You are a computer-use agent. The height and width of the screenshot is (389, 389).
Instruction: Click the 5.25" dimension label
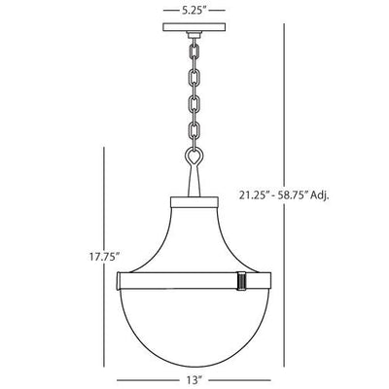click(194, 11)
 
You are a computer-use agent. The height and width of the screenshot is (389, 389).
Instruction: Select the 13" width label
click(194, 379)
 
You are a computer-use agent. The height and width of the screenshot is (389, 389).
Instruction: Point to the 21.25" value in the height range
click(253, 195)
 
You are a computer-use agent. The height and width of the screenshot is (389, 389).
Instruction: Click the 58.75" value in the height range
click(291, 195)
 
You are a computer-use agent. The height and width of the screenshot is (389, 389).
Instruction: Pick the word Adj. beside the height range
click(320, 195)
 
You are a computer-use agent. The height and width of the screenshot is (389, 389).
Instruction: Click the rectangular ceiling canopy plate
click(194, 27)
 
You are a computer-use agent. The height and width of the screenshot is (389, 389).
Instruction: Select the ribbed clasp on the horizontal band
click(242, 280)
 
